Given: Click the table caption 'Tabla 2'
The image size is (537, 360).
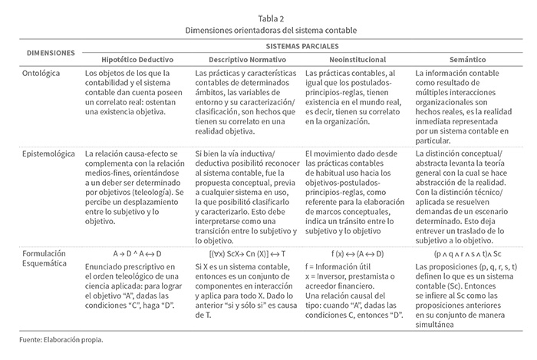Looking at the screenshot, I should coord(269,17).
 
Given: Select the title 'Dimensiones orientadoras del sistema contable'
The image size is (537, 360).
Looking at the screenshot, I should coord(269,29).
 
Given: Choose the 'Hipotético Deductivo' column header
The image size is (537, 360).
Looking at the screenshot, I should coord(138,59).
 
